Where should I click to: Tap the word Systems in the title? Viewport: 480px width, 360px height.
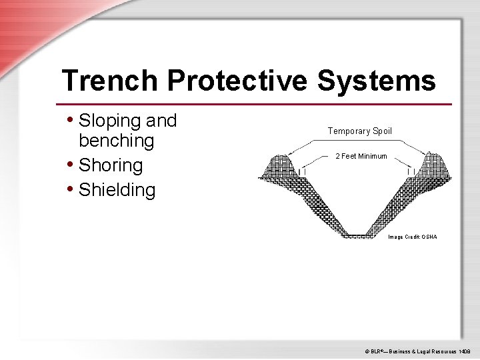click(376, 81)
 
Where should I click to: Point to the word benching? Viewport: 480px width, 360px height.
click(116, 141)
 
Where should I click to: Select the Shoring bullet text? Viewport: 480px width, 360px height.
click(111, 165)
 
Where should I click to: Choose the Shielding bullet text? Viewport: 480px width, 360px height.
click(117, 190)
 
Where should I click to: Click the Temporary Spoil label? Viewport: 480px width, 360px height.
click(360, 131)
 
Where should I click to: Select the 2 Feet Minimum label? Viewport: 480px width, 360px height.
click(361, 156)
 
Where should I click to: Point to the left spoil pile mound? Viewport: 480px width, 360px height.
click(280, 167)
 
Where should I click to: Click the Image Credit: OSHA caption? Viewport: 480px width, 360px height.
click(413, 237)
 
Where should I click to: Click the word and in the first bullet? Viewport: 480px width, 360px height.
click(161, 121)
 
